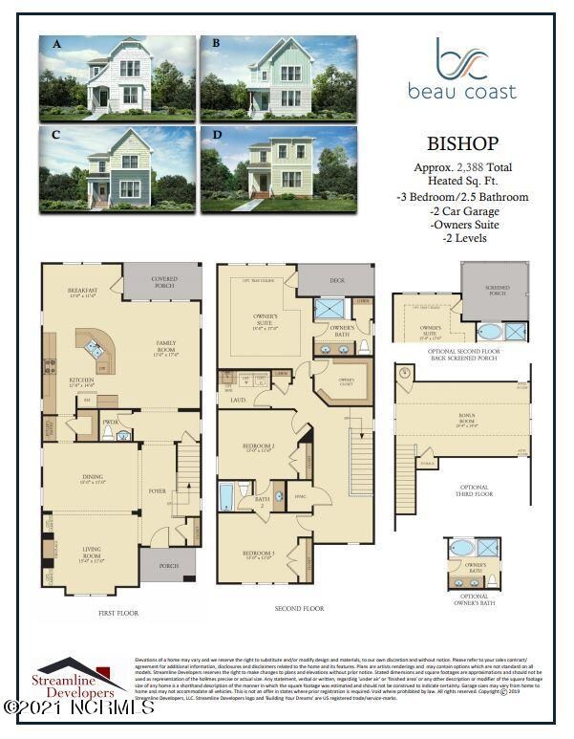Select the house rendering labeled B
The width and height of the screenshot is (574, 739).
[x=277, y=78]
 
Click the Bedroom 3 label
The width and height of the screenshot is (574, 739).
[x=258, y=554]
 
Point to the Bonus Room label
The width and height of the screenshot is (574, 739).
[x=467, y=421]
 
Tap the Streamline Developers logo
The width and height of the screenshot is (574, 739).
[x=81, y=677]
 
